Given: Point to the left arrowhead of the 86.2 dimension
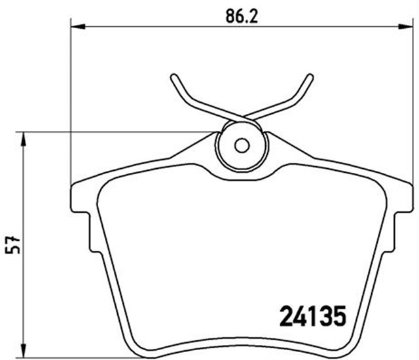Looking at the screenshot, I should coord(78,26).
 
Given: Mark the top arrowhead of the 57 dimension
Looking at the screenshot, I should coord(24,138).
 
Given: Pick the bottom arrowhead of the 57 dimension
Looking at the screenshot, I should coord(24,350).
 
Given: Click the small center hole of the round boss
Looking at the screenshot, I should coord(241,145).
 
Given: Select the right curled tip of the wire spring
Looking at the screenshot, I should coord(309,78).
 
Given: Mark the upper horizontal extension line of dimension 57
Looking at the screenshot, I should coord(118,132).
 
